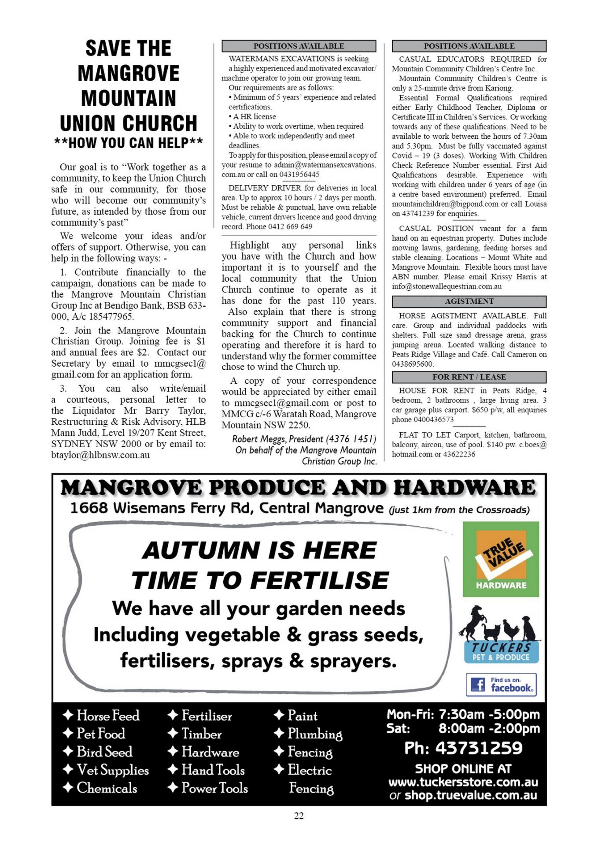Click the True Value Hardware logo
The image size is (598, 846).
501,559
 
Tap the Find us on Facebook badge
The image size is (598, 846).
501,684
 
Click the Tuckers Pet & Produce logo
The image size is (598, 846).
501,634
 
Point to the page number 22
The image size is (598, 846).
299,816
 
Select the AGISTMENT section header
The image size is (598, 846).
469,301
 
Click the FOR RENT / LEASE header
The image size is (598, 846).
469,377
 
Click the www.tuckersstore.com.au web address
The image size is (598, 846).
463,782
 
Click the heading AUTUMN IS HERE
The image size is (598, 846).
259,550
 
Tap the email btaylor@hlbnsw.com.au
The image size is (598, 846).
100,455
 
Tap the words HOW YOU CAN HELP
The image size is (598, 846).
129,143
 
